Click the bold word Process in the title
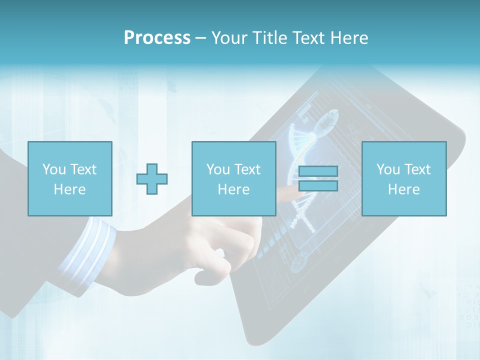[x=157, y=37]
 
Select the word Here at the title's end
[x=348, y=37]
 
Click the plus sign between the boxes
[x=152, y=178]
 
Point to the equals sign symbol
[x=318, y=178]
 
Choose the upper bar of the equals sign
[x=318, y=171]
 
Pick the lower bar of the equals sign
[x=318, y=185]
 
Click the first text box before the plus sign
[x=70, y=178]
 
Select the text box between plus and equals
[x=233, y=178]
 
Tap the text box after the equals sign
[x=404, y=178]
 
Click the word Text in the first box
[x=83, y=169]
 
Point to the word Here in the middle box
[x=233, y=189]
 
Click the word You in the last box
[x=388, y=169]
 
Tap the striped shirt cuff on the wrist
[x=85, y=250]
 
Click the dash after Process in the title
[x=200, y=38]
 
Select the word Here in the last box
[x=404, y=189]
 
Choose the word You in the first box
[x=54, y=169]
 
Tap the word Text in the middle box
[x=247, y=169]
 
